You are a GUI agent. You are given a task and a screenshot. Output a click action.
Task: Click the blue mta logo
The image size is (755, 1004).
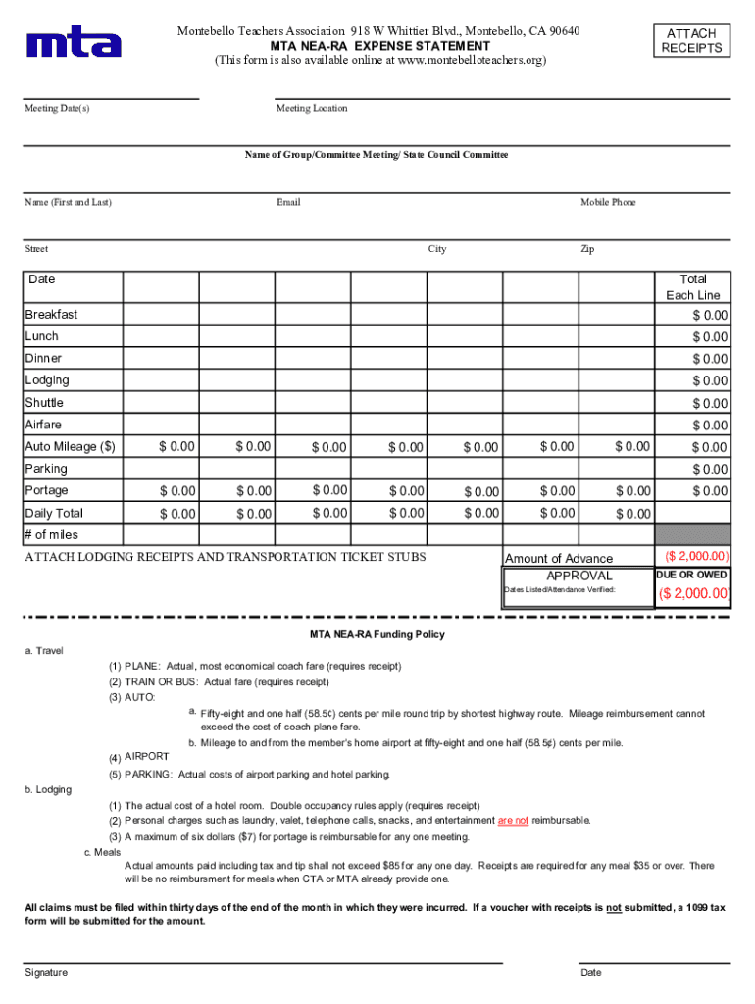[75, 42]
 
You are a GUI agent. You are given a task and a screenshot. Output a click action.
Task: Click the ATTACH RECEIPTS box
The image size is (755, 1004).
[691, 40]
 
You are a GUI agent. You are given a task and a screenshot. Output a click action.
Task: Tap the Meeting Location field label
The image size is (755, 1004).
[312, 108]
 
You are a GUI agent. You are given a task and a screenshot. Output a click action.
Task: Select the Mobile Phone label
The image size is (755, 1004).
[608, 202]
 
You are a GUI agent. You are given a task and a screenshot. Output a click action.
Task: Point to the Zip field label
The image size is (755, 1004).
[587, 249]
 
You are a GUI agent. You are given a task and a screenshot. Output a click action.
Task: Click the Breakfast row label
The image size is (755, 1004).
[51, 315]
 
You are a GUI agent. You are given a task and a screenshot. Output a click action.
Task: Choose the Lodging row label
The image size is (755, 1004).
[47, 380]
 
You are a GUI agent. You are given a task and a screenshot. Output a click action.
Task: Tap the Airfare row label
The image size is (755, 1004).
[43, 425]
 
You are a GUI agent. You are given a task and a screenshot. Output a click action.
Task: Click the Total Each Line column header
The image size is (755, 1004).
[693, 286]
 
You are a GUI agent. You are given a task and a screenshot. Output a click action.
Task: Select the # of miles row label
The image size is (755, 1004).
[51, 535]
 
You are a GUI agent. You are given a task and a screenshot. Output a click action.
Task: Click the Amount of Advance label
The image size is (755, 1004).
[559, 558]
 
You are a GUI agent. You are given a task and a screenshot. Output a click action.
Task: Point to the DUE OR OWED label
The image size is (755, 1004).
[691, 575]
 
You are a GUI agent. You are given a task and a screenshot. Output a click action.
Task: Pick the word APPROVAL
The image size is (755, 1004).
[579, 576]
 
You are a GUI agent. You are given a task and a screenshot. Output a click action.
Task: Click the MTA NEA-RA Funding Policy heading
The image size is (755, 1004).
[377, 634]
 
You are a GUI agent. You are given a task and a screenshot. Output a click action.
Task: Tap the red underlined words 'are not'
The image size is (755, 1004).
[513, 820]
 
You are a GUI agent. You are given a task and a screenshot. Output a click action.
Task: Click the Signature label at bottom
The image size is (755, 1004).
[46, 972]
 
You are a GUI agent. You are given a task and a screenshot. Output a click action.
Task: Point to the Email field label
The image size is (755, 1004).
[288, 202]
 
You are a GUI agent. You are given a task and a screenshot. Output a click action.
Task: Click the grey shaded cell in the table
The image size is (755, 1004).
[693, 534]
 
